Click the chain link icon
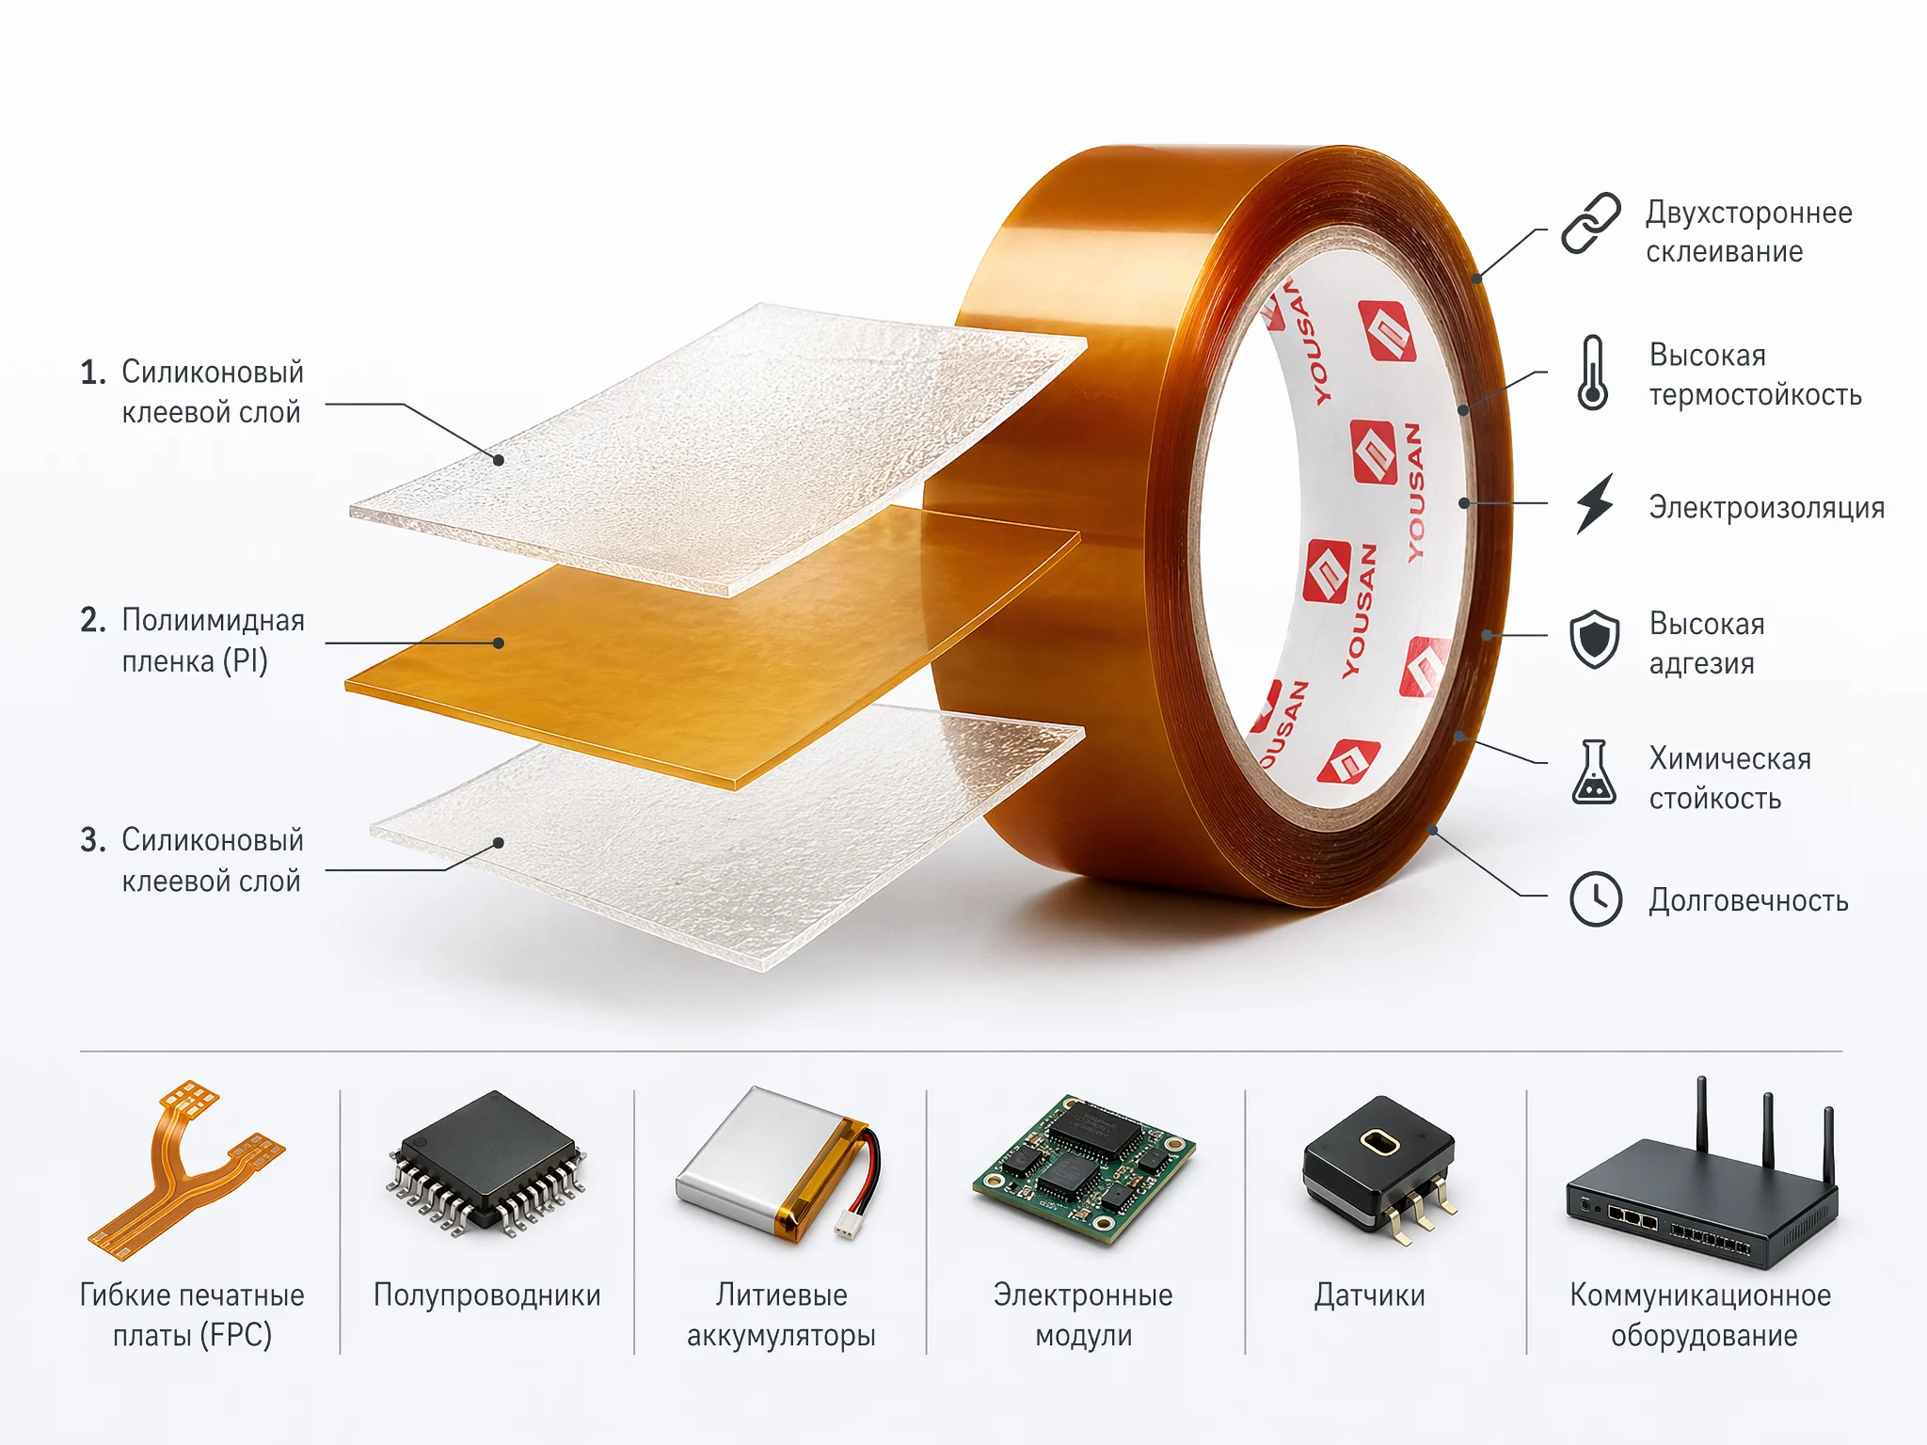(1591, 223)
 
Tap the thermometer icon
(1592, 373)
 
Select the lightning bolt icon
(1595, 503)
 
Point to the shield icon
(1594, 639)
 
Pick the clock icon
(1596, 899)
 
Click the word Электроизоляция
(1766, 508)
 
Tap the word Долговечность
(1748, 900)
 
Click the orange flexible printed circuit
(185, 1168)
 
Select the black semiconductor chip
(486, 1163)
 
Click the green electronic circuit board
(1084, 1167)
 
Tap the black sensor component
(1379, 1167)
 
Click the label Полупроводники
(487, 1295)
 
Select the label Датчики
(1370, 1295)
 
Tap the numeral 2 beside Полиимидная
(91, 620)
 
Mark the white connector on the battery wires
(848, 1224)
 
